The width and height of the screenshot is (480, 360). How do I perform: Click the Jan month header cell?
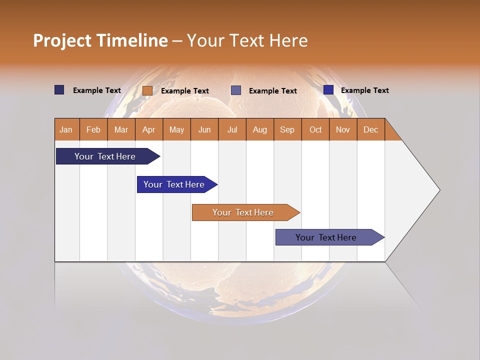(x=66, y=129)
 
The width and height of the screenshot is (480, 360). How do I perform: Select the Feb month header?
(x=93, y=129)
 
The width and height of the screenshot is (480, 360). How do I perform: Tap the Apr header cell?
(x=149, y=129)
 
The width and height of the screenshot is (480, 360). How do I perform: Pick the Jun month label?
(x=204, y=129)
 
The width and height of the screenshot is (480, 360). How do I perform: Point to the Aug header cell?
(x=260, y=129)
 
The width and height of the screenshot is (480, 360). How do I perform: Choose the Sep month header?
(x=287, y=129)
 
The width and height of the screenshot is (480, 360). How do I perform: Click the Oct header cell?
(x=315, y=129)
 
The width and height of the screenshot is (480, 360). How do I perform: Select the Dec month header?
(x=371, y=129)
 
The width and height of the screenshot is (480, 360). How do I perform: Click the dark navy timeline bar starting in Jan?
(x=105, y=156)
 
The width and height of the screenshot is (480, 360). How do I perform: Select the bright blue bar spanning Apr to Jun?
(x=174, y=184)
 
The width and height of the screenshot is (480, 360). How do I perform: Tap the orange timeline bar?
(x=243, y=212)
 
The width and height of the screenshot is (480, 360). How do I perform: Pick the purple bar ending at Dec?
(x=326, y=237)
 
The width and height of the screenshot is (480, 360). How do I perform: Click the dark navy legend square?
(x=59, y=90)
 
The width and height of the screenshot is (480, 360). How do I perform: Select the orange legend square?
(x=147, y=90)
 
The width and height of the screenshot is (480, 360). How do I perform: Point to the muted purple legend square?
(x=236, y=90)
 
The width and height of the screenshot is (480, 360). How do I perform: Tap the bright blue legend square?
(x=328, y=90)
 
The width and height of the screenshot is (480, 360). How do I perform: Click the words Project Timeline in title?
(x=100, y=40)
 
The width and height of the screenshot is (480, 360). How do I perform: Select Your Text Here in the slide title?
(x=247, y=40)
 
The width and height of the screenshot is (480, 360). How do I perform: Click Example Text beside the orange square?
(x=185, y=91)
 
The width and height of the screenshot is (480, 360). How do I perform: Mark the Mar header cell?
(x=121, y=129)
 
